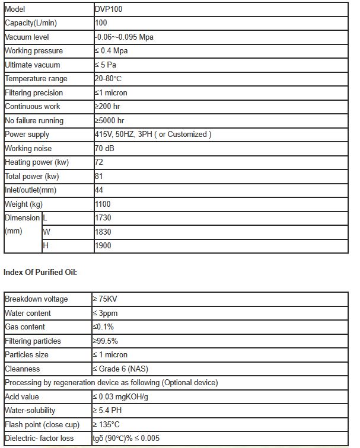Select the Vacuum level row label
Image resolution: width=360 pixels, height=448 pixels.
[x=27, y=37]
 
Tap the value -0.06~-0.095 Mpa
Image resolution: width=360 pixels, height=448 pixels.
[x=124, y=37]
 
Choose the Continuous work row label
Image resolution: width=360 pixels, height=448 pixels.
[x=32, y=107]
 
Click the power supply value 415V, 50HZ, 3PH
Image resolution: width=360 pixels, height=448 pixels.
[x=152, y=135]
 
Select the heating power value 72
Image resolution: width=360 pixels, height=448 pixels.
[x=99, y=162]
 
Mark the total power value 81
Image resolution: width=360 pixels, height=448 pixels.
[x=99, y=176]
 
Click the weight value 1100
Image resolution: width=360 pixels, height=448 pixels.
[x=103, y=204]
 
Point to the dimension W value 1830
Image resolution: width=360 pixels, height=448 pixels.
[x=103, y=232]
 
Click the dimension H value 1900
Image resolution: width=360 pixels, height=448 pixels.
[x=103, y=245]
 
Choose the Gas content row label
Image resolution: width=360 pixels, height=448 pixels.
[x=25, y=327]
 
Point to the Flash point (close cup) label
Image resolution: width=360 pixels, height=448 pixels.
[x=41, y=424]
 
